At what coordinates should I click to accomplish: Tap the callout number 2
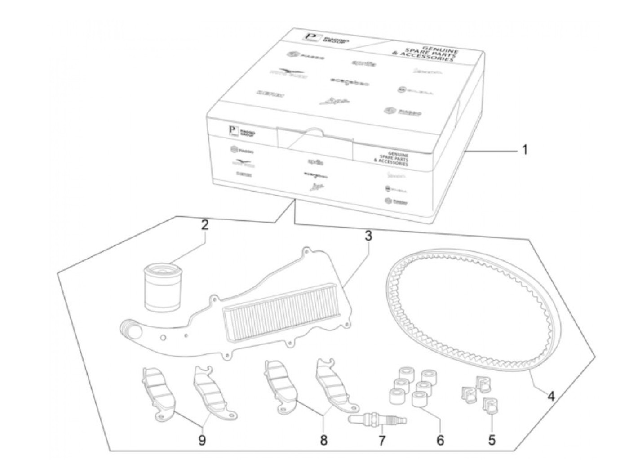coord(205,225)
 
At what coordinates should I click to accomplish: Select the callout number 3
coord(368,236)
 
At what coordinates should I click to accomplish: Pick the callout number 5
coord(492,439)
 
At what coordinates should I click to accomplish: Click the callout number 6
coord(440,440)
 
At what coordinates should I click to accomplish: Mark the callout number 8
coord(323,440)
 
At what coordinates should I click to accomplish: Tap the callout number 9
coord(202,440)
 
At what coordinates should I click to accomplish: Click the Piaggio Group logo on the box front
coord(242,132)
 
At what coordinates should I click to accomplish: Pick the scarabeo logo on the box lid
coord(350,83)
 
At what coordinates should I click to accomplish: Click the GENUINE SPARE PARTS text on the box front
coord(391,159)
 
